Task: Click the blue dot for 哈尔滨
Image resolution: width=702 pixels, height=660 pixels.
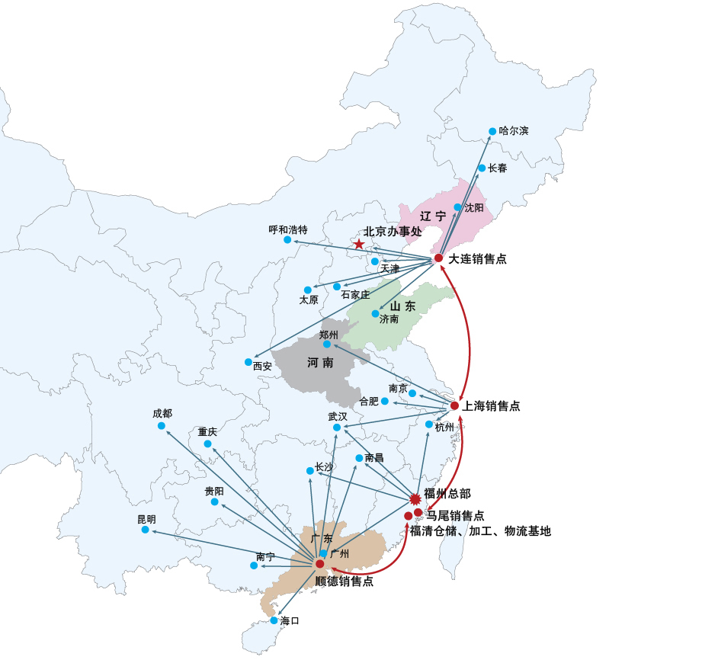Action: click(492, 131)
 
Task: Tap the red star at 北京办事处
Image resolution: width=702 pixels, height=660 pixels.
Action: click(358, 244)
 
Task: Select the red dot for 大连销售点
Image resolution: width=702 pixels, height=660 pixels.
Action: click(439, 258)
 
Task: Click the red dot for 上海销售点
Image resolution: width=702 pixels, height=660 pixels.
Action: click(454, 405)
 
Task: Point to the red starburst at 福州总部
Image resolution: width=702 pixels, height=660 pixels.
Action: click(415, 498)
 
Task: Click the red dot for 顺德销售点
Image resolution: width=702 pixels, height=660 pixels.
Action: click(319, 564)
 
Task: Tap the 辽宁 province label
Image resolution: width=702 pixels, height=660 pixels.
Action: click(433, 216)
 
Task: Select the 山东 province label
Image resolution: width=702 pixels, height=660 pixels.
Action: click(403, 306)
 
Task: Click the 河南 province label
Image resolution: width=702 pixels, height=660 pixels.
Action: click(320, 362)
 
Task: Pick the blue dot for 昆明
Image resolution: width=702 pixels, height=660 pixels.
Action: click(145, 530)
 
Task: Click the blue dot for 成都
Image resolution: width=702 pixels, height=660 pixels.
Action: click(162, 426)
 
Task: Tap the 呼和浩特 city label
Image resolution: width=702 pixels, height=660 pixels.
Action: click(288, 229)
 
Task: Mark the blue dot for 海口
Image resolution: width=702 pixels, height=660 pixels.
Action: click(274, 620)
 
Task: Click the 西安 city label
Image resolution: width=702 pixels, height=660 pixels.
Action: click(262, 367)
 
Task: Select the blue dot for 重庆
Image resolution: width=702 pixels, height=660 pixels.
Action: click(208, 444)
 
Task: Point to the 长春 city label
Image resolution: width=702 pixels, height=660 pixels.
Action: click(498, 168)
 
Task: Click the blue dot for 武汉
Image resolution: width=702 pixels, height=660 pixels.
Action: click(337, 428)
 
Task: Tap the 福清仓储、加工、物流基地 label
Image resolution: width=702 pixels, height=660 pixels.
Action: click(480, 531)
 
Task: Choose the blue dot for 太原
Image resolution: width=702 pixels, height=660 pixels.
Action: click(308, 290)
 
